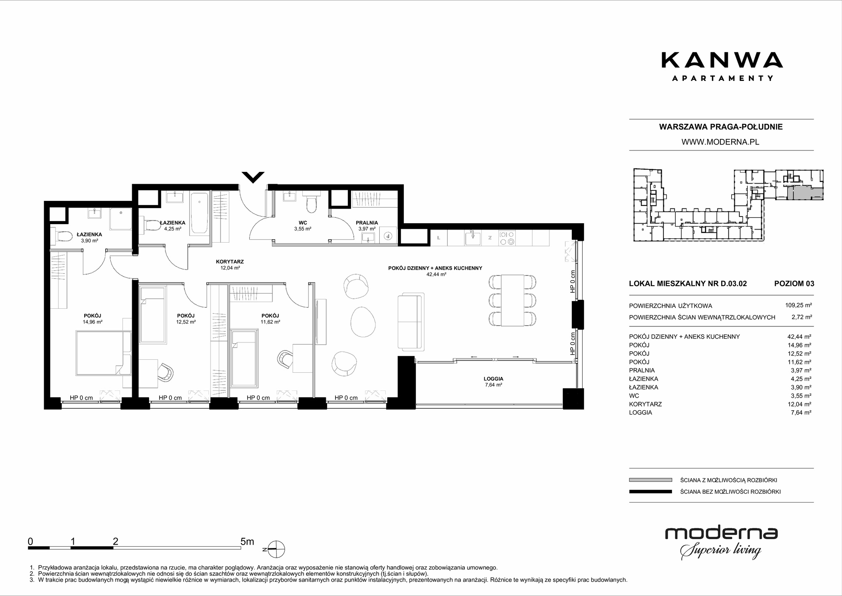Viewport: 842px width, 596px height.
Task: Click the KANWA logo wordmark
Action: coord(722,60)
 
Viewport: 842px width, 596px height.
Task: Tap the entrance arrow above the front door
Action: coord(253,177)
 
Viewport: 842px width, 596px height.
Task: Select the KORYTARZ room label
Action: coord(230,262)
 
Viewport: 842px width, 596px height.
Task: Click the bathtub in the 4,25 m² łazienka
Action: coord(199,214)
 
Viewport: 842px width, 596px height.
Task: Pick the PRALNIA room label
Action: coord(367,223)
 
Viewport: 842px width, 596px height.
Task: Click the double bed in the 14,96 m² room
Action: coord(104,353)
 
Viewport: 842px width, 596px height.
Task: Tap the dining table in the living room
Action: coord(512,300)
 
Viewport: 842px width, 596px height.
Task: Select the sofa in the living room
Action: coord(410,322)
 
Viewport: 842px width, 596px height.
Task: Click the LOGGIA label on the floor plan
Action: coord(493,379)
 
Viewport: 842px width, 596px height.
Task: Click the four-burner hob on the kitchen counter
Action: coord(506,238)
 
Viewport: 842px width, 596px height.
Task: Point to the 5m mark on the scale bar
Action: coord(247,542)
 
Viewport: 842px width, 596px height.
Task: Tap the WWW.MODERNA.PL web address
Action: coord(720,142)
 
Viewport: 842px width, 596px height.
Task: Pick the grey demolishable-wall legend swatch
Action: coord(650,480)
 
